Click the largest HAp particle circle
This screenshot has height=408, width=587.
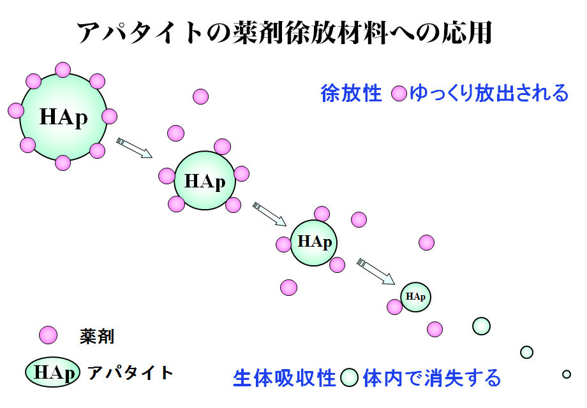click(63, 117)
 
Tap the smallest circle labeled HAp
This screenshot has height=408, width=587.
click(415, 297)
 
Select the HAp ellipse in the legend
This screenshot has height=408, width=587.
click(53, 372)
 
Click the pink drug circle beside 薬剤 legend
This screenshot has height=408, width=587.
click(48, 335)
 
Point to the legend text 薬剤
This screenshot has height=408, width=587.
click(96, 336)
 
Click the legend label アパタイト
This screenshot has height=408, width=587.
click(130, 372)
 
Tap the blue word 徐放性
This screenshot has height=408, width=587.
click(351, 93)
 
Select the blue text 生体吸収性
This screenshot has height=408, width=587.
click(285, 377)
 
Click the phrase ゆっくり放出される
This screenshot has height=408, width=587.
click(489, 93)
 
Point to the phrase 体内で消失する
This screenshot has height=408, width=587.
click(432, 377)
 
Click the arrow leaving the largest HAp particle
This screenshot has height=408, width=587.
click(135, 148)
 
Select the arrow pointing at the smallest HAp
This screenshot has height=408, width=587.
click(376, 272)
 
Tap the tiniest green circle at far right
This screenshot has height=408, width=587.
click(567, 374)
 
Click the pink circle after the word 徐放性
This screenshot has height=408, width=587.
click(399, 94)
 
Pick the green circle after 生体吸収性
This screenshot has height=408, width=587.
click(349, 377)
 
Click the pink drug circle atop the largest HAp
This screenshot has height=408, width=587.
click(63, 70)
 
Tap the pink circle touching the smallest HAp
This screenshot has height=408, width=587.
click(394, 307)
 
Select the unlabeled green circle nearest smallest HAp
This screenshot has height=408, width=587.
click(482, 326)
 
